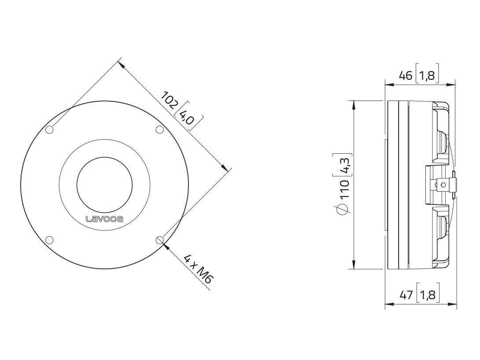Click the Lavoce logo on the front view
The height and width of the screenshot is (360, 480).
104,219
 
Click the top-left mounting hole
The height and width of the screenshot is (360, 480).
50,130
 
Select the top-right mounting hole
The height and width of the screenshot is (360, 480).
160,130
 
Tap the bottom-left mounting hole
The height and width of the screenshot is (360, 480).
50,240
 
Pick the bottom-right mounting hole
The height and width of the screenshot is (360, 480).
160,240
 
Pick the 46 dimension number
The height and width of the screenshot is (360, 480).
406,75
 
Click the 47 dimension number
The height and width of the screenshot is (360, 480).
406,295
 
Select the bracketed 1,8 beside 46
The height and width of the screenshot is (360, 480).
427,75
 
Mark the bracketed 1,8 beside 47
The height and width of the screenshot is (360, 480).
427,295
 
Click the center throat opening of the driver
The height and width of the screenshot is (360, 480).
104,184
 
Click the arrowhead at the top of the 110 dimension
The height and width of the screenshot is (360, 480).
353,104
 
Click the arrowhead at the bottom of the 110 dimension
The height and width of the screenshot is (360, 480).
353,265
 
